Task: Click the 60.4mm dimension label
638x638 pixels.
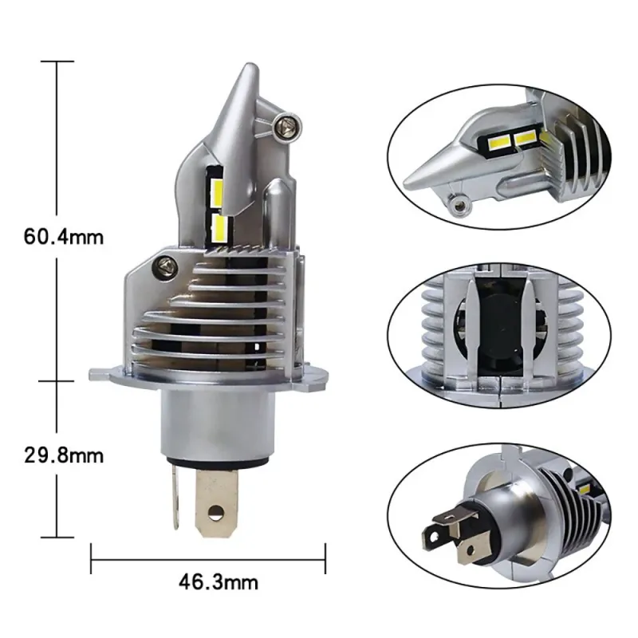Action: coord(64,237)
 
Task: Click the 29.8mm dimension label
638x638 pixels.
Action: coord(64,455)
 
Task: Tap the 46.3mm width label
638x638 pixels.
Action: coord(219,582)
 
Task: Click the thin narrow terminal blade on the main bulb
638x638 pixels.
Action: coord(175,496)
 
